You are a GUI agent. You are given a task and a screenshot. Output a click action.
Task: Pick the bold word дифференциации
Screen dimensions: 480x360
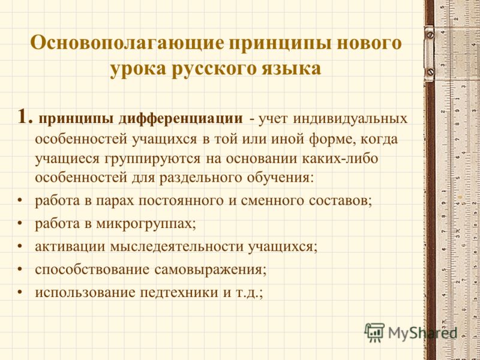181,119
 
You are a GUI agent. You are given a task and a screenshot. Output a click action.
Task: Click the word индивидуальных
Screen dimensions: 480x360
350,119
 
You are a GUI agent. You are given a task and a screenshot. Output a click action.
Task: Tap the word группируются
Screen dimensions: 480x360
153,160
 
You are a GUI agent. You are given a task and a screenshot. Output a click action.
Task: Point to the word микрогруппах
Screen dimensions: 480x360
146,224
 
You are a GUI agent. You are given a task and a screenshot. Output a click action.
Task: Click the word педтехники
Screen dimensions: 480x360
179,292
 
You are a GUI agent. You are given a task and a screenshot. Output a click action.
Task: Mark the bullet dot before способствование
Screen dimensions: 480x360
20,270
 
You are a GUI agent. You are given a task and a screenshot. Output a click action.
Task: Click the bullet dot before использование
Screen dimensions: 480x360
20,293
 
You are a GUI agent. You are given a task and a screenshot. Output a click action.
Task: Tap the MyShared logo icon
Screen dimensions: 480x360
374,332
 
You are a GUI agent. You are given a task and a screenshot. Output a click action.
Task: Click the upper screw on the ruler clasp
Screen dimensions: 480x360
430,34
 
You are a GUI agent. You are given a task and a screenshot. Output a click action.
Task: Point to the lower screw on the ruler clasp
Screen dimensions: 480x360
430,72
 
